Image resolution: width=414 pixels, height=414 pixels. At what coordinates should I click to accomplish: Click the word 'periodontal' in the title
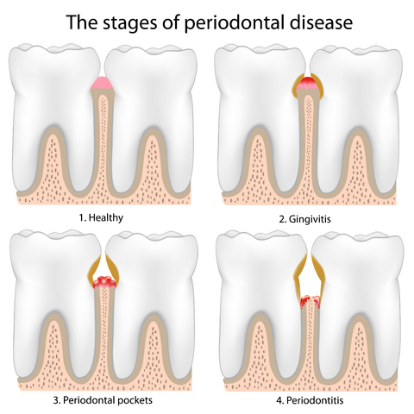click(x=235, y=22)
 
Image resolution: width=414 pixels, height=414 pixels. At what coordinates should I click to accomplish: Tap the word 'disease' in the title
click(x=321, y=22)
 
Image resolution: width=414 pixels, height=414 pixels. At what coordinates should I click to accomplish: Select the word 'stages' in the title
click(x=129, y=23)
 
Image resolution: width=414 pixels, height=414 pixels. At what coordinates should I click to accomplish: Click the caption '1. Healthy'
click(x=101, y=217)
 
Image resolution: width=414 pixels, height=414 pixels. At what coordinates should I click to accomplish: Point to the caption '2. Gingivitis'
click(x=304, y=219)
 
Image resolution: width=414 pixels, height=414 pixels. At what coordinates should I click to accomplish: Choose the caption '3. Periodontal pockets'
click(x=103, y=400)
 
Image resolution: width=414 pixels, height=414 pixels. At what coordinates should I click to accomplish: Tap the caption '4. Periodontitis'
click(x=310, y=400)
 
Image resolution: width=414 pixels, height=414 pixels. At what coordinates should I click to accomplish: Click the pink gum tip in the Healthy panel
click(x=103, y=84)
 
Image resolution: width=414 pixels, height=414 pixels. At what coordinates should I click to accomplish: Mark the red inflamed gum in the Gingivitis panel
click(x=308, y=83)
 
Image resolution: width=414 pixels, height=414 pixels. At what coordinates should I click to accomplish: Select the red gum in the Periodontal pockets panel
click(x=104, y=282)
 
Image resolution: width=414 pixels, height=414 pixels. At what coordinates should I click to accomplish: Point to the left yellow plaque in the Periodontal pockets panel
click(x=94, y=267)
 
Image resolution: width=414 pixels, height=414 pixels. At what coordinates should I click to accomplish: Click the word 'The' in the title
click(x=82, y=22)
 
